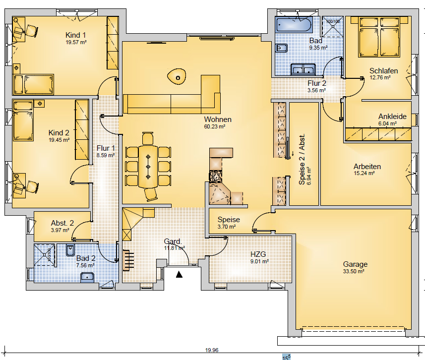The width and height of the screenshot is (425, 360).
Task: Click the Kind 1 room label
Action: [x=75, y=35]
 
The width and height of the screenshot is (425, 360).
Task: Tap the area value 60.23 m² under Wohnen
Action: [x=214, y=126]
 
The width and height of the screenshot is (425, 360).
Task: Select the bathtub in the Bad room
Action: [x=294, y=25]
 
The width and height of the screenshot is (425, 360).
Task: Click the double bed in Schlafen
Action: [x=379, y=37]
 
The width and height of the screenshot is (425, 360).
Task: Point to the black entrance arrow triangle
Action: [x=179, y=274]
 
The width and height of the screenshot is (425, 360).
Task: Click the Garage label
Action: [x=355, y=264]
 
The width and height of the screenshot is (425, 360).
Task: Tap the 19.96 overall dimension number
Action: [x=212, y=350]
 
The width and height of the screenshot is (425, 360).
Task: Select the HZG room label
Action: [x=258, y=254]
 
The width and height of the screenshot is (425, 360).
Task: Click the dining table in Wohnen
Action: [x=148, y=167]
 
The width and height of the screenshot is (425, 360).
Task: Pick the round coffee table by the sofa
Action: [x=177, y=76]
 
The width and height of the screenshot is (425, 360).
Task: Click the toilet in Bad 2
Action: [x=70, y=250]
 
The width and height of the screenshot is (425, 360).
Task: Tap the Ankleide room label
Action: [x=392, y=117]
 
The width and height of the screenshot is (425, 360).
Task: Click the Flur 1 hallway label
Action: [x=106, y=148]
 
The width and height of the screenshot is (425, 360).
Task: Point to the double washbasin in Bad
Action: [x=304, y=69]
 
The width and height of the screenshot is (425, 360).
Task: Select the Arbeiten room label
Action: [x=367, y=166]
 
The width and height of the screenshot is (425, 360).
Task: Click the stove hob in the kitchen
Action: [x=216, y=176]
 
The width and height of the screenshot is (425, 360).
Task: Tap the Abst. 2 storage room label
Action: [x=62, y=223]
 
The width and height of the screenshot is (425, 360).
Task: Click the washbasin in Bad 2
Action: [x=87, y=278]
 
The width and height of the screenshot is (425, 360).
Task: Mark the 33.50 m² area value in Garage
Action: [x=354, y=271]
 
